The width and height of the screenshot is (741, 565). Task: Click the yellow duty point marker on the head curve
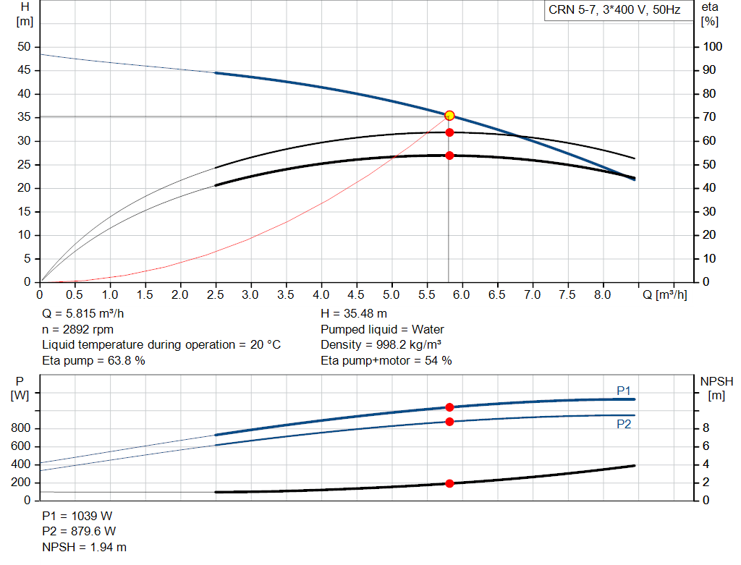(449, 116)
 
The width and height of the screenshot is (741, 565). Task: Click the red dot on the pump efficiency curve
(449, 132)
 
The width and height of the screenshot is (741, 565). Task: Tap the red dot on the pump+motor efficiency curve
(449, 156)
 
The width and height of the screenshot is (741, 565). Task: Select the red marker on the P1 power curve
(449, 407)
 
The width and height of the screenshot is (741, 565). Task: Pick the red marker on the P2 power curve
(449, 421)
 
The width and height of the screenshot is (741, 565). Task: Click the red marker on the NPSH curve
(449, 483)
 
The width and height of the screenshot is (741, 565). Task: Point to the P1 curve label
(624, 391)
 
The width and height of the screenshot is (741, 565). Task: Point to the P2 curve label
(624, 425)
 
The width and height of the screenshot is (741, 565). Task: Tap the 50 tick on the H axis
(25, 47)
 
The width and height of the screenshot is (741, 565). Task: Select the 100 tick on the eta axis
(713, 47)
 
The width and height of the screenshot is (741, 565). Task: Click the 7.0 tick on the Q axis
(532, 295)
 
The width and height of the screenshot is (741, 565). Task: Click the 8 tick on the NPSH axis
(706, 428)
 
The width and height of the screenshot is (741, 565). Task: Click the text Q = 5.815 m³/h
(88, 314)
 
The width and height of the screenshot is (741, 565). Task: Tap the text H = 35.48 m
(354, 314)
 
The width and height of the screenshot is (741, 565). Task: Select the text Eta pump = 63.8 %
(93, 360)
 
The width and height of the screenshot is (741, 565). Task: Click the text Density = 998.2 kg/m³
(381, 345)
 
